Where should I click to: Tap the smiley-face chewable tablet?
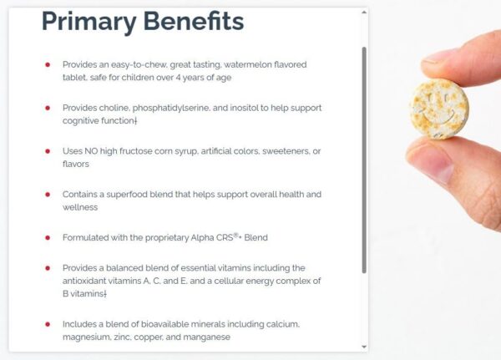coord(439,106)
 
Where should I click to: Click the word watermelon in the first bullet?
coord(249,63)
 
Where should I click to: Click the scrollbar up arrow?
coord(364,13)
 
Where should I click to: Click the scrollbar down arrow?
coord(364,346)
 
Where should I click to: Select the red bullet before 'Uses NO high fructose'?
coord(48,151)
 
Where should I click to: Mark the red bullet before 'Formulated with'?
coord(48,237)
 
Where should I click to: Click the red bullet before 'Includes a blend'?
coord(48,324)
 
